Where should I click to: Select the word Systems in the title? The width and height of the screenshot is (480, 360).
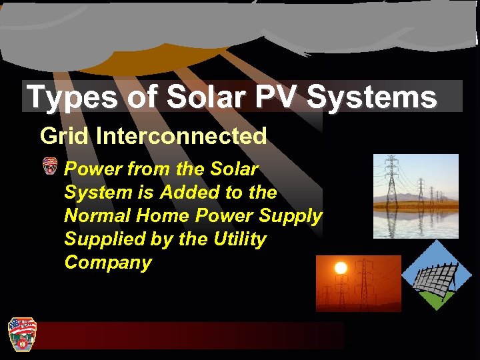[x=373, y=97]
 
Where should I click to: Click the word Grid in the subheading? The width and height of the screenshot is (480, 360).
[x=65, y=136]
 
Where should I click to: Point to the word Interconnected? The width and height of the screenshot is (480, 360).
[x=181, y=136]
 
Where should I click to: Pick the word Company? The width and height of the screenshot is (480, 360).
[x=108, y=262]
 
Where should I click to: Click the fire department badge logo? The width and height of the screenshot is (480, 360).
[x=21, y=333]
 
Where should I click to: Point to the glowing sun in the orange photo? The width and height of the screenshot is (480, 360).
[x=341, y=269]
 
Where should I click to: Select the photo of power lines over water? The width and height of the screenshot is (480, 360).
[x=415, y=196]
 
